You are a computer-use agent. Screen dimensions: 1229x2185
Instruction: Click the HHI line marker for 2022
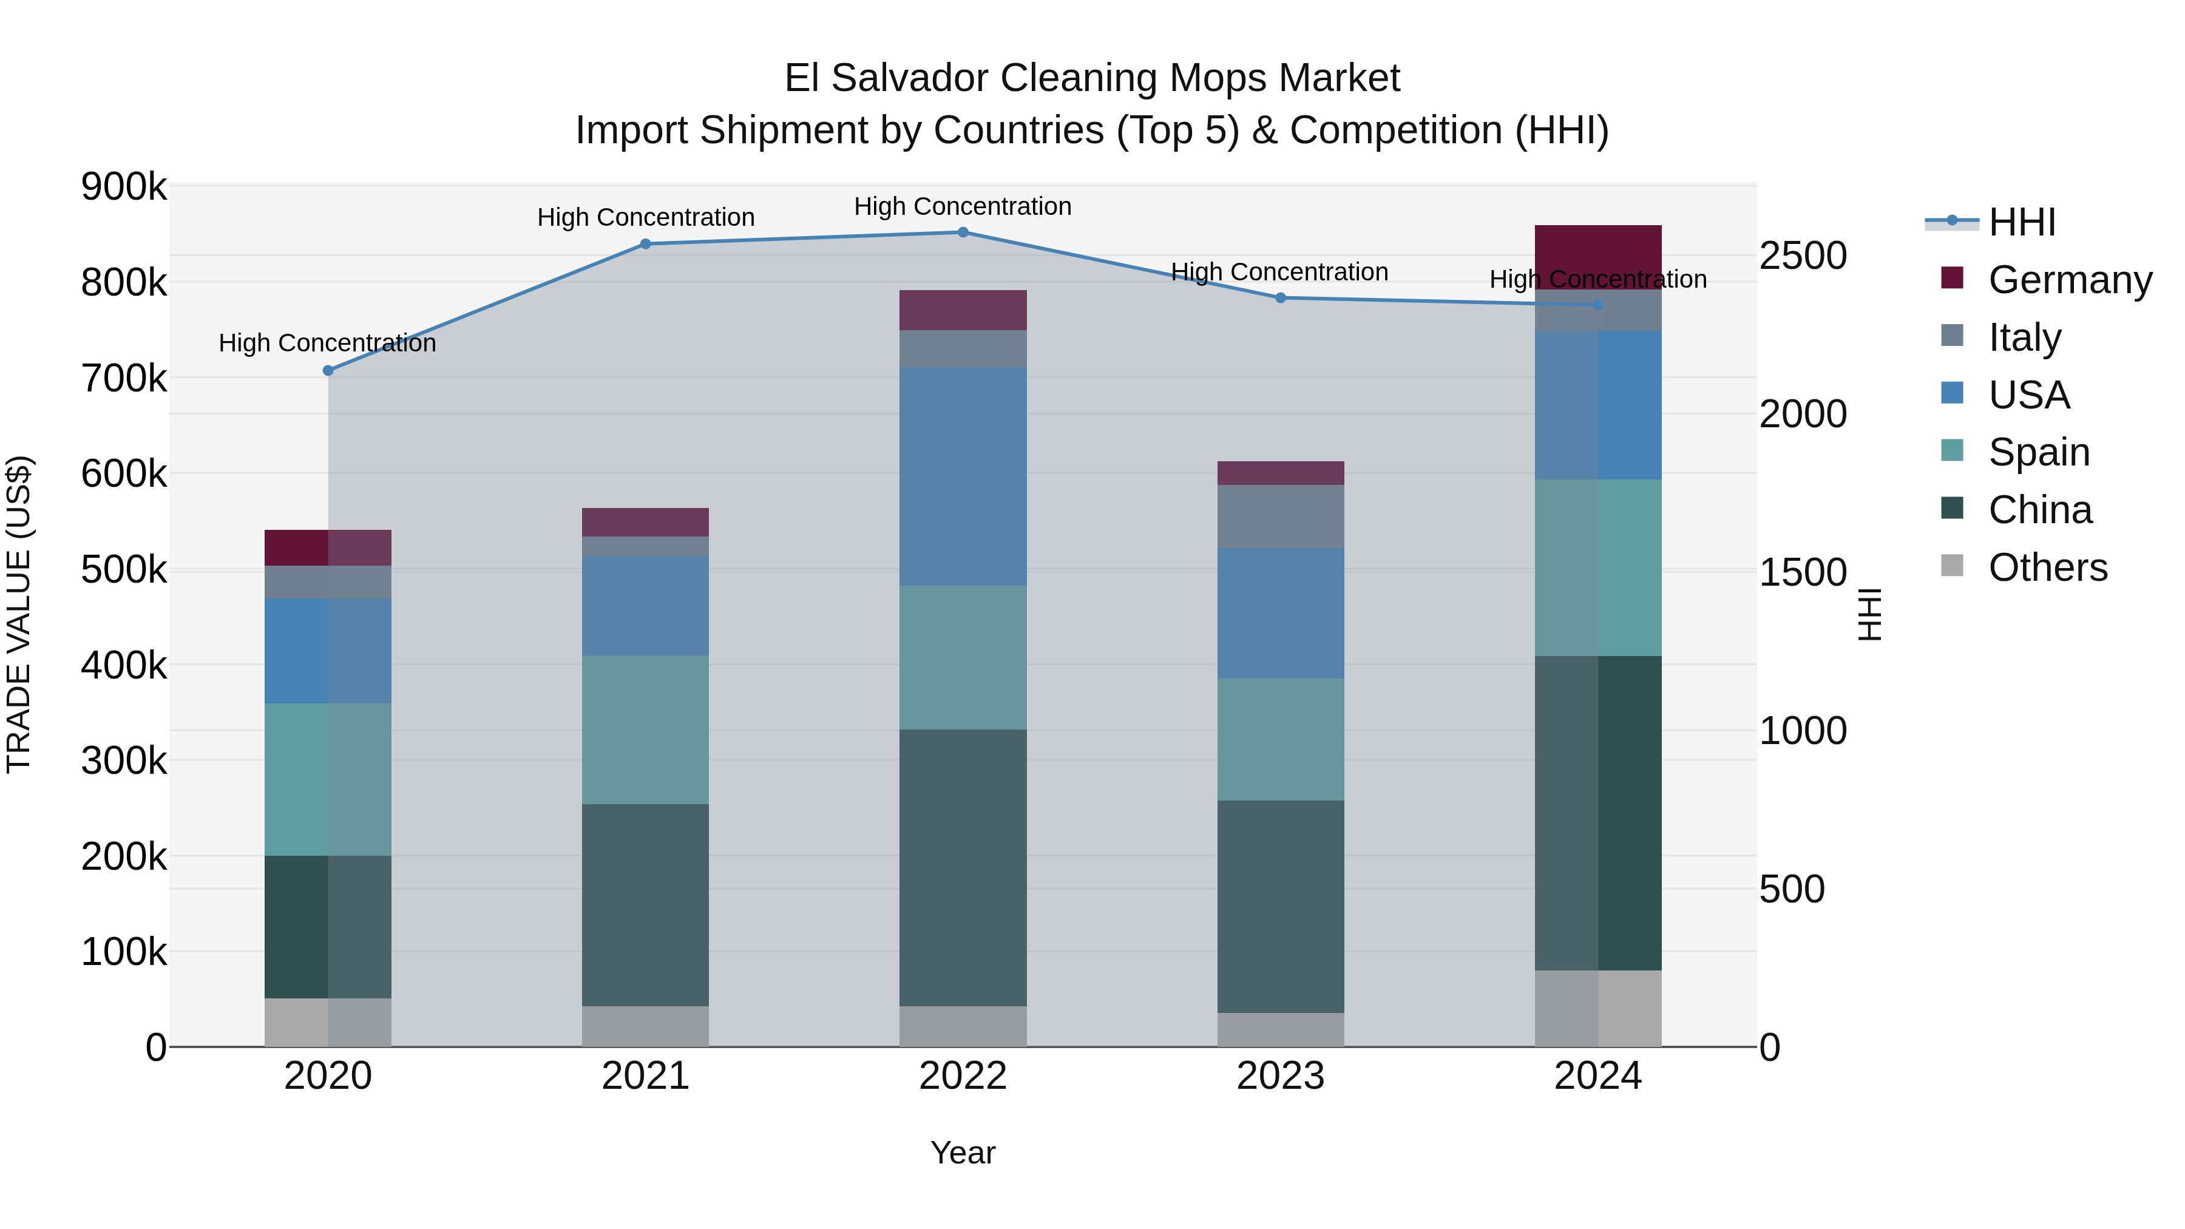[963, 232]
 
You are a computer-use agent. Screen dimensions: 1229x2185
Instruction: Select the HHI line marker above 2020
[328, 371]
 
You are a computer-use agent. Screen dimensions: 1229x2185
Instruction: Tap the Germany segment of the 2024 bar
[1598, 257]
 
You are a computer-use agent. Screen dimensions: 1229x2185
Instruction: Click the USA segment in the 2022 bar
[963, 476]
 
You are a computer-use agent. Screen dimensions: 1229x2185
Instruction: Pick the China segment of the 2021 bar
[646, 904]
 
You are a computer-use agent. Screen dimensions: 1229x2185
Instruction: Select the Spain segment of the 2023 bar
[1280, 739]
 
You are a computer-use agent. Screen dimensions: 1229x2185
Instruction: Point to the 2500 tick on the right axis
[1803, 256]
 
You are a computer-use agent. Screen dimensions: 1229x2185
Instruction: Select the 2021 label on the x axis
[646, 1075]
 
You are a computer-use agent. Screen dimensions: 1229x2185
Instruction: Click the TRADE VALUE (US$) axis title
[19, 614]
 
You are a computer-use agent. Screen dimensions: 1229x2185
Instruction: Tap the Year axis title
[963, 1153]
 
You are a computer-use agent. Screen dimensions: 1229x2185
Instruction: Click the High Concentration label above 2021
[646, 217]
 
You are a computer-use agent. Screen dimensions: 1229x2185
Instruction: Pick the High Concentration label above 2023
[1279, 273]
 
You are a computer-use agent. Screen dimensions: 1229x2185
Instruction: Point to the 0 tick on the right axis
[1770, 1048]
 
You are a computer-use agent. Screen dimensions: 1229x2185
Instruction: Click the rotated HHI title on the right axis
[1869, 614]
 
